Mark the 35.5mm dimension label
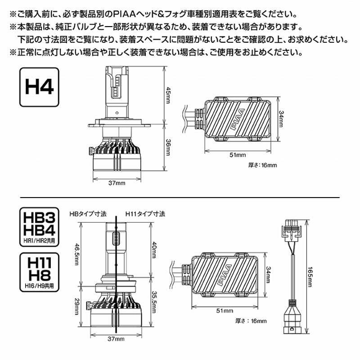coord(154,301)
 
